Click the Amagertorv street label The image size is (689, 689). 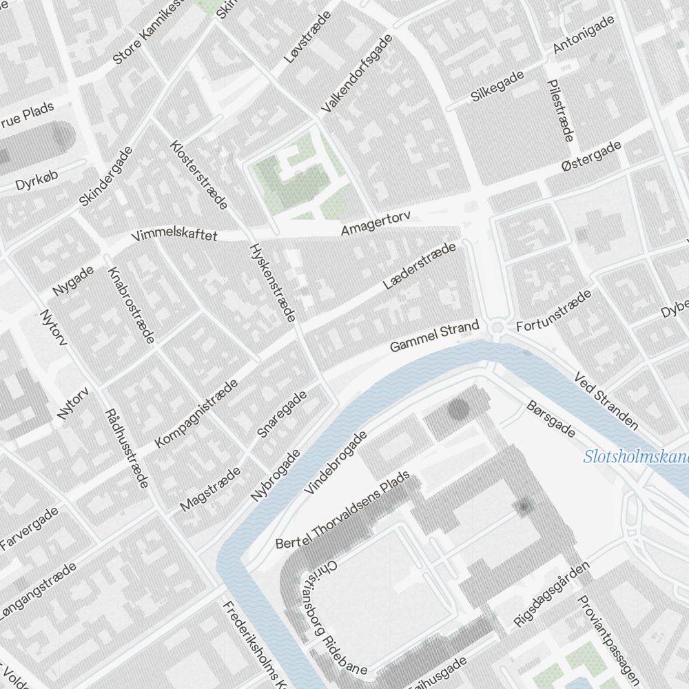(376, 223)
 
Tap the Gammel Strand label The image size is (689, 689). (433, 336)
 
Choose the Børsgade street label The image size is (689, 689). (551, 419)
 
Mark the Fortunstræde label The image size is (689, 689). (554, 311)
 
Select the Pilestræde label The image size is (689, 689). (559, 110)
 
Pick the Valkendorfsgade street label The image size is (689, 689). (356, 74)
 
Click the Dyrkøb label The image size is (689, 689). (34, 182)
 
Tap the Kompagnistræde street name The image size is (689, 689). (196, 413)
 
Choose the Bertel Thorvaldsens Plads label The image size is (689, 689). (342, 511)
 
